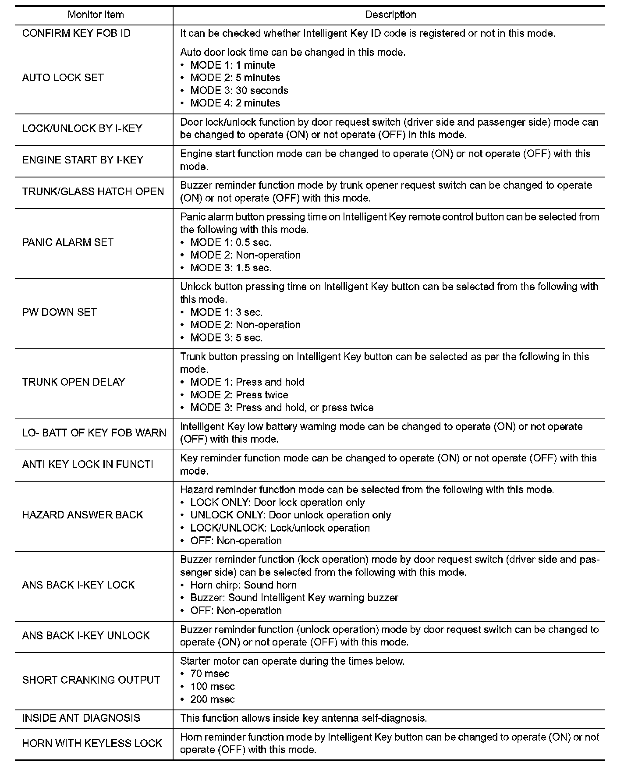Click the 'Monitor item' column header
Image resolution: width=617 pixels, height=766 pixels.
click(96, 15)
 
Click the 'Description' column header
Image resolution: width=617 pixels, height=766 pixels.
click(390, 15)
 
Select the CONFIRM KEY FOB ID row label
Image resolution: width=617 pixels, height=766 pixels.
click(76, 34)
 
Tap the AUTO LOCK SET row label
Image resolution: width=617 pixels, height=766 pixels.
click(63, 78)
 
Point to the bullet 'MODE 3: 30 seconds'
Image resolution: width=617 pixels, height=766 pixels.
click(239, 91)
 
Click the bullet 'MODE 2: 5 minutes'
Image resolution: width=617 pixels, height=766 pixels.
click(235, 78)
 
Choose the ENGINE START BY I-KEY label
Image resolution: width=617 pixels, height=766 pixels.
click(83, 160)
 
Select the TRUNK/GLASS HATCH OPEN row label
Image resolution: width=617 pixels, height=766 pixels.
click(93, 192)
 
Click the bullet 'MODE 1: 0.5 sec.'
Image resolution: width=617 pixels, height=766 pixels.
click(230, 243)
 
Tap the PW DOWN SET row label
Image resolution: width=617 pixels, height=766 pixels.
click(60, 312)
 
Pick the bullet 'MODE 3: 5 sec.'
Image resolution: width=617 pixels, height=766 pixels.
click(226, 338)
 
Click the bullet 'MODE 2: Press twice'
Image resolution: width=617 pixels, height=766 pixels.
click(239, 395)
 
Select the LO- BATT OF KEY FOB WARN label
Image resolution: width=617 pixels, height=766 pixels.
click(94, 433)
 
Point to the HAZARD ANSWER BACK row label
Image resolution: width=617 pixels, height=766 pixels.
click(83, 515)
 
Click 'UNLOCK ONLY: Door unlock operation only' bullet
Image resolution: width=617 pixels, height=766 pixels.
click(290, 515)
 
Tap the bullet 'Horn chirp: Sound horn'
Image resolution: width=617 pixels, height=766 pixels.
click(243, 585)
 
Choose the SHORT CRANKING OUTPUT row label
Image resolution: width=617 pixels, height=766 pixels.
click(91, 680)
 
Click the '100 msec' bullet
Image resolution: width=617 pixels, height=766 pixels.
click(213, 687)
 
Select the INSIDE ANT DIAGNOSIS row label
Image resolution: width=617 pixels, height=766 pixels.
click(81, 718)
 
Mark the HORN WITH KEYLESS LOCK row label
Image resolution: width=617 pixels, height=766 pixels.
click(92, 744)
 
